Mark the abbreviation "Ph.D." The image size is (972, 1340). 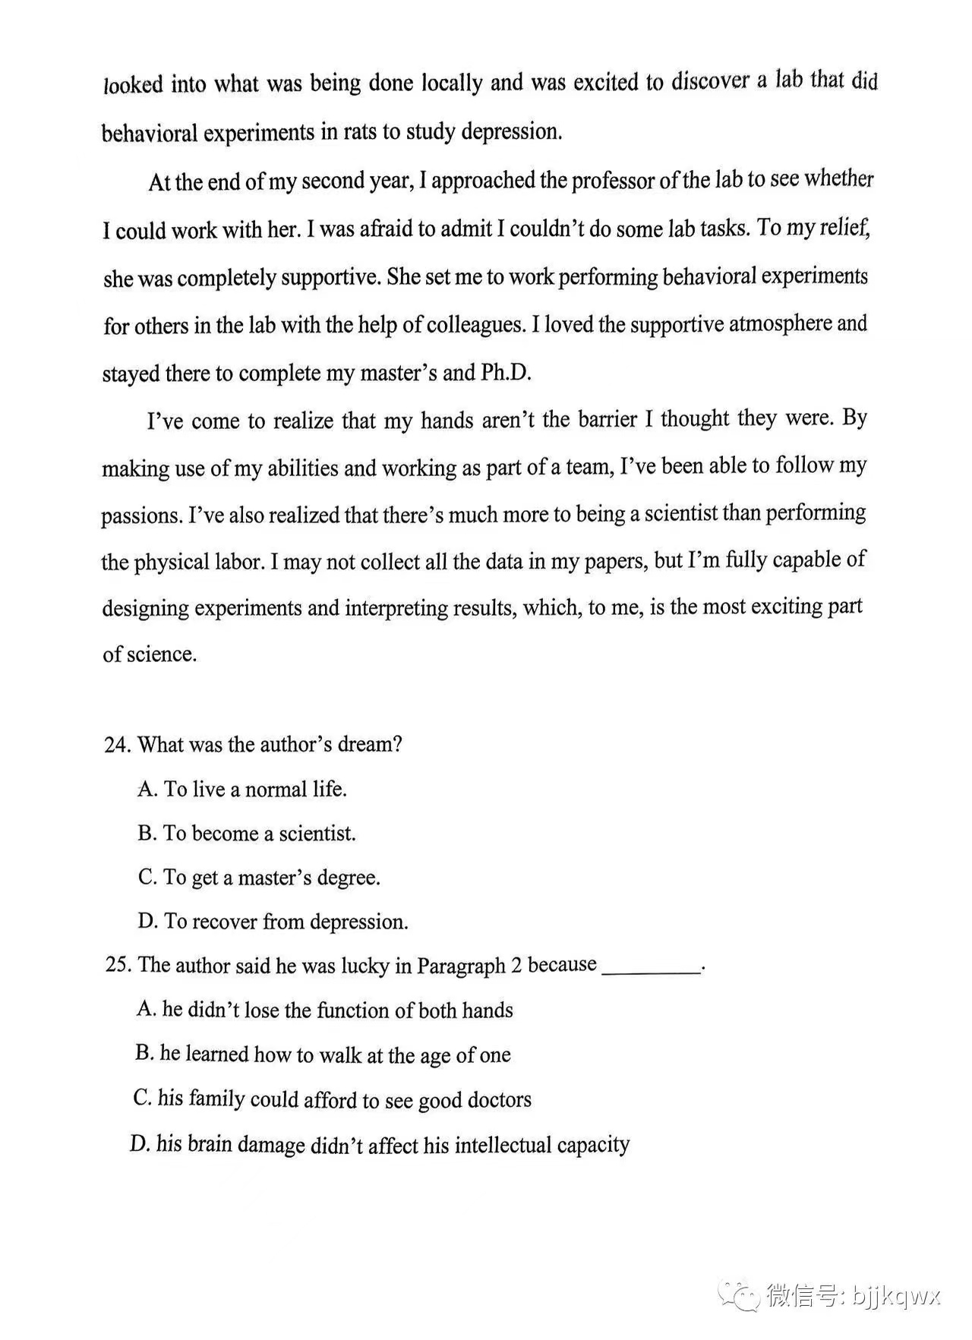click(x=506, y=373)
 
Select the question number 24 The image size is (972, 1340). click(x=118, y=745)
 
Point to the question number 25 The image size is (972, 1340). click(x=118, y=965)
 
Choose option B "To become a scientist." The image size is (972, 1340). click(x=247, y=834)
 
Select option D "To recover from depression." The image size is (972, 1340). click(x=273, y=922)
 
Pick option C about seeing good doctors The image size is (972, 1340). click(x=332, y=1099)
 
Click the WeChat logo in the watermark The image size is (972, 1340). click(x=737, y=1294)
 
